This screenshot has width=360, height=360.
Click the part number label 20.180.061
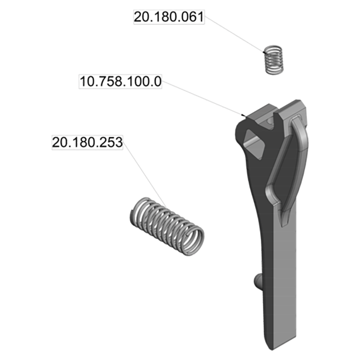169,17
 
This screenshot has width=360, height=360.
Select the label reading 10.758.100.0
121,83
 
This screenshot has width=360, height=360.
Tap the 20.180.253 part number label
87,142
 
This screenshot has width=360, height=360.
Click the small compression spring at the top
273,59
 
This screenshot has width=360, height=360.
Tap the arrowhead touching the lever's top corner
244,117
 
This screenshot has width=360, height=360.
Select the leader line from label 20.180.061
234,38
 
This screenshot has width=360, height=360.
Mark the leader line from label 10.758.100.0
202,100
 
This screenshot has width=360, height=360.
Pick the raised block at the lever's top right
295,110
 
